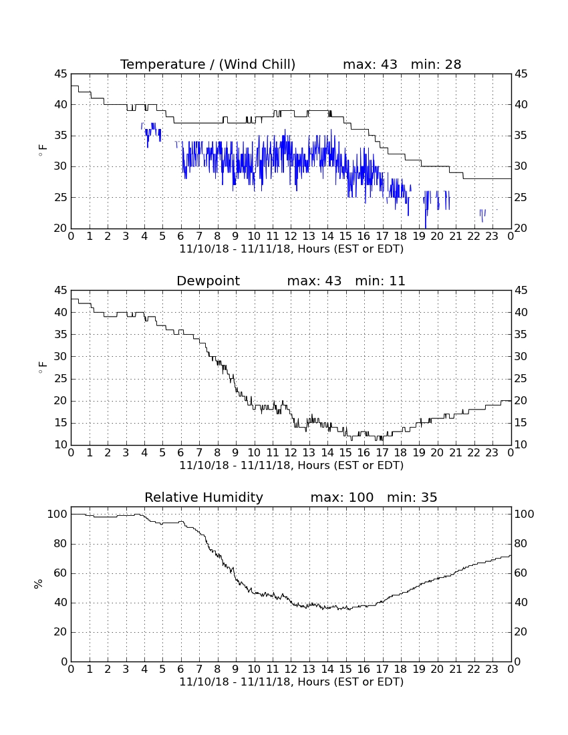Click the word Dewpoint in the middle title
pos(208,281)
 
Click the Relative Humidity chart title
pos(204,497)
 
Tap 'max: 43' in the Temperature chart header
pos(370,64)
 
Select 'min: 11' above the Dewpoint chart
pos(380,281)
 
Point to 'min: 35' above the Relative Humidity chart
pos(412,497)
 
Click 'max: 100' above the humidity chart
pos(342,497)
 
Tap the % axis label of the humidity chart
pos(38,583)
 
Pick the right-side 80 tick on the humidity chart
pos(521,544)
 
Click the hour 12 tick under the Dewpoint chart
pos(291,453)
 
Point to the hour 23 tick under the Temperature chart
pos(492,237)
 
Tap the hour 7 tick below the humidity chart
pos(199,670)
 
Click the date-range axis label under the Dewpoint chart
pos(291,466)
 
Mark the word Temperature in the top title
pos(162,64)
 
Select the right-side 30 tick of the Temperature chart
pos(521,166)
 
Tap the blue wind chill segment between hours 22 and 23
pos(482,215)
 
